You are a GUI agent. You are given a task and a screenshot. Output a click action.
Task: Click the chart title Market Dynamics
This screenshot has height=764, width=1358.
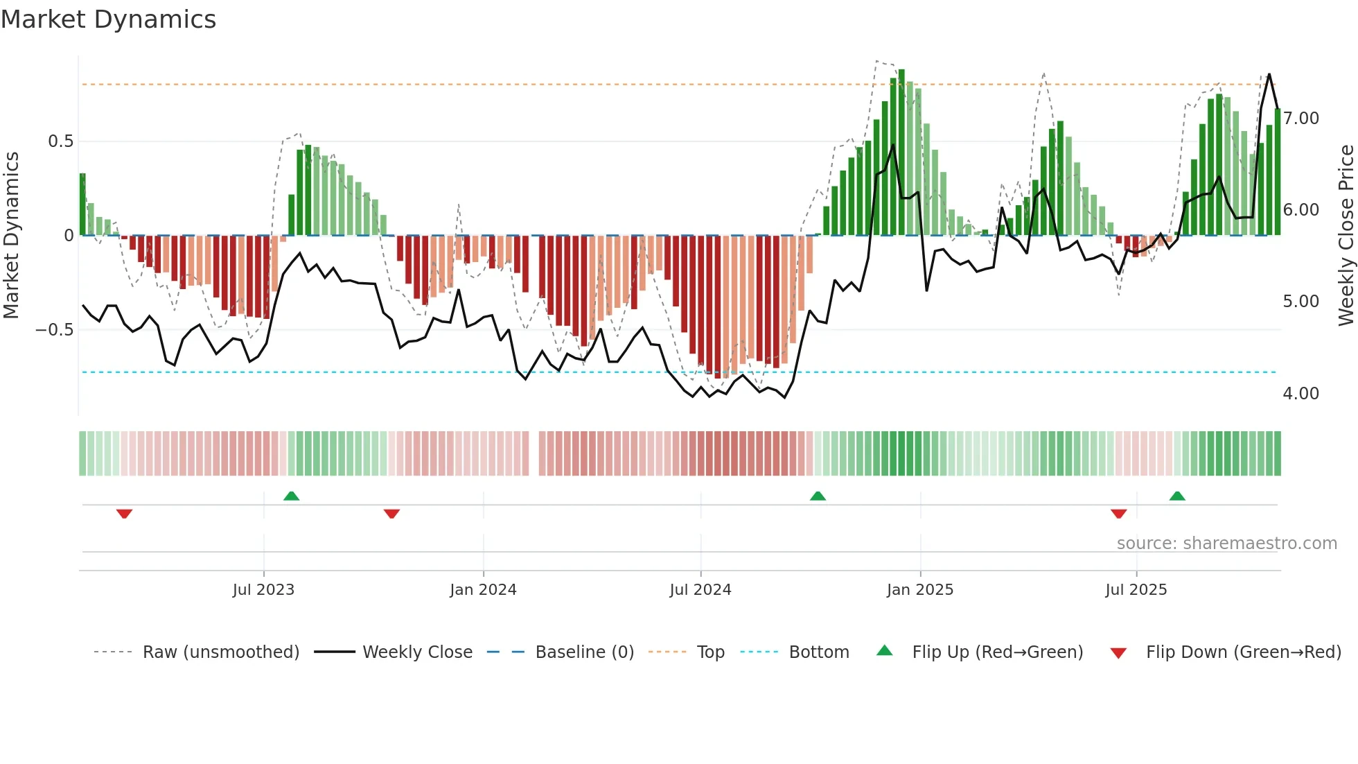[109, 19]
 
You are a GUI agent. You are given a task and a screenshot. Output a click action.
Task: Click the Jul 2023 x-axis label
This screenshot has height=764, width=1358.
[263, 590]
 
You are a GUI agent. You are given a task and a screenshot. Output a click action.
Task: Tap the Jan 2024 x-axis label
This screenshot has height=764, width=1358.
[483, 590]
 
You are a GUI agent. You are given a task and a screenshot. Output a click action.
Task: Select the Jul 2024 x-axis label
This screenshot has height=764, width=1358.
[700, 590]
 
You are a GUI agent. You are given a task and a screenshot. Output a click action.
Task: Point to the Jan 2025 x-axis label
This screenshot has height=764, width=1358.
[919, 590]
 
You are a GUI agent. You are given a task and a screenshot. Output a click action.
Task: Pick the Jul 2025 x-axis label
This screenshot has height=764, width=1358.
[1136, 590]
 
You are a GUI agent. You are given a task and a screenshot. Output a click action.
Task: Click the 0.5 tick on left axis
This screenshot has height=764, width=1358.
[60, 141]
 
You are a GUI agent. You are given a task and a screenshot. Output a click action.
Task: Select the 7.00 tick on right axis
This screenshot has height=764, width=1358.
[1300, 119]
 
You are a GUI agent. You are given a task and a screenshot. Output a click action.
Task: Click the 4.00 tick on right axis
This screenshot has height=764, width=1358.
[1300, 394]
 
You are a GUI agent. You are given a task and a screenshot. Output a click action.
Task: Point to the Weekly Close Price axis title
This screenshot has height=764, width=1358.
[1346, 235]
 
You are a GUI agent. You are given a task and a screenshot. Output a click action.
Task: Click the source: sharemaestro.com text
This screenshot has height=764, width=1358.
[1226, 544]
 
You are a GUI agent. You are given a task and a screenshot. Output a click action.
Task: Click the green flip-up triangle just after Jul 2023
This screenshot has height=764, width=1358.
[291, 496]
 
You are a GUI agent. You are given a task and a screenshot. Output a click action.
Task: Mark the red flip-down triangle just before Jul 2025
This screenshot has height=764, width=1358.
[1118, 514]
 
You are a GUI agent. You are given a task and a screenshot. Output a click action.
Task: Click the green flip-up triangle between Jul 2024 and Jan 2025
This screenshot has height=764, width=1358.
[818, 496]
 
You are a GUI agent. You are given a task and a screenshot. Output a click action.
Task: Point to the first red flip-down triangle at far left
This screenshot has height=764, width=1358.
[124, 514]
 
